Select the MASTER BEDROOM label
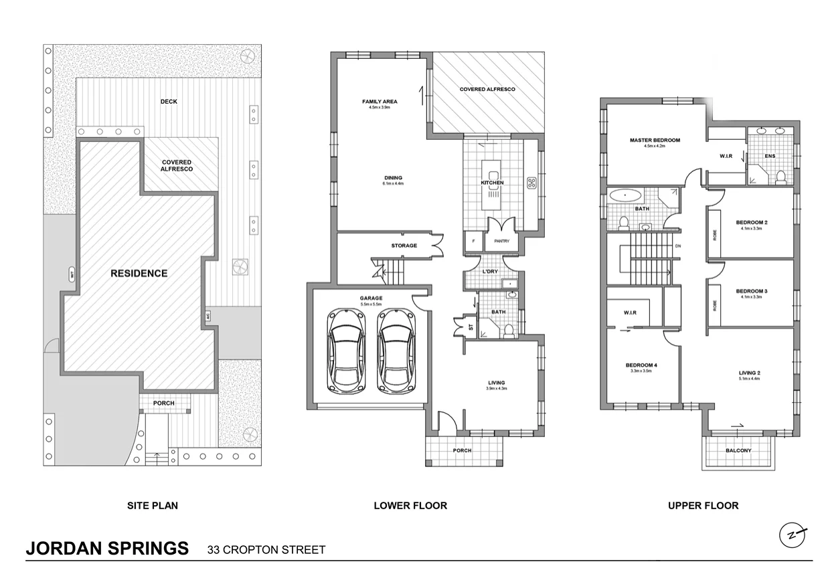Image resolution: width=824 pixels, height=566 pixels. (654, 140)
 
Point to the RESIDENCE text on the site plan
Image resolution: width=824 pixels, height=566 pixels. (139, 273)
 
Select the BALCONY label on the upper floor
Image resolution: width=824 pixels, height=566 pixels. (738, 451)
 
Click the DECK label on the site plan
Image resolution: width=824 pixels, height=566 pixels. (169, 102)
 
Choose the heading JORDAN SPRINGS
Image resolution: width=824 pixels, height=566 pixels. (107, 549)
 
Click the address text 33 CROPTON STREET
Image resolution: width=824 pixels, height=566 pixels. (266, 551)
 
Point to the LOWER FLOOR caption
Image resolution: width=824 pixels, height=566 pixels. (410, 506)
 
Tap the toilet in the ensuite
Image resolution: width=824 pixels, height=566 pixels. (780, 177)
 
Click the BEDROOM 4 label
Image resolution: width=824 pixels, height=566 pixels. (641, 365)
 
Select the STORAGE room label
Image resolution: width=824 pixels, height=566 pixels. (404, 246)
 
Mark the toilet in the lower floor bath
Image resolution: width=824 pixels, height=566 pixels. (509, 330)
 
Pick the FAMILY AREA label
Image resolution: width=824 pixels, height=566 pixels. (380, 102)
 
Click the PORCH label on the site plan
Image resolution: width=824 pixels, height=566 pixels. (164, 403)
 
